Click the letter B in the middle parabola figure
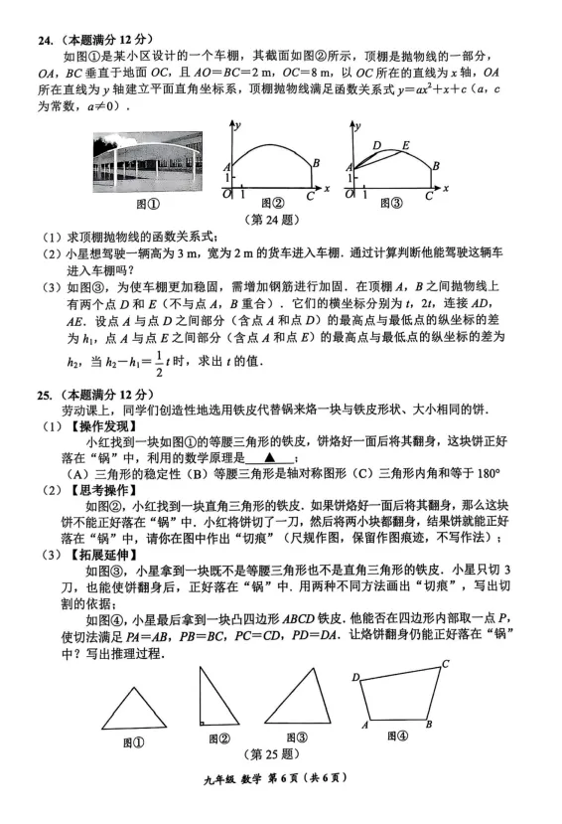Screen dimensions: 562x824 [316, 163]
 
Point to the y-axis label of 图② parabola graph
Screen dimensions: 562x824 [240, 123]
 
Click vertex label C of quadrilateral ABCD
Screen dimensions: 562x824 [447, 664]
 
